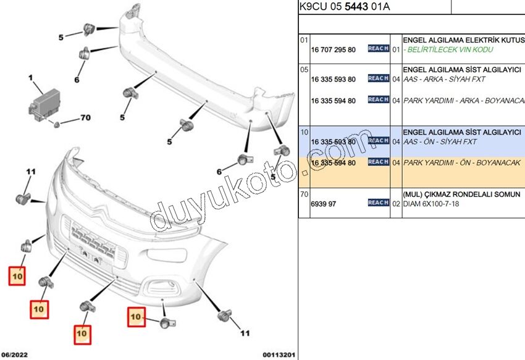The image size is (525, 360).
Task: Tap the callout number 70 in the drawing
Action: point(85,117)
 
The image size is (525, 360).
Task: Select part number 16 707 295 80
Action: point(333,49)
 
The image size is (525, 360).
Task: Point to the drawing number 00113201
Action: point(278,354)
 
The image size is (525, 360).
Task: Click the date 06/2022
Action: point(15,354)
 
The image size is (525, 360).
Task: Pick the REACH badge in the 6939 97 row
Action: point(378,203)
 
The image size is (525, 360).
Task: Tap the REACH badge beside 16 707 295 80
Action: point(378,48)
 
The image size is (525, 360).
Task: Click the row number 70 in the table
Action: point(304,194)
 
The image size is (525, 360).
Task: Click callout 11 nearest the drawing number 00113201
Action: point(245,333)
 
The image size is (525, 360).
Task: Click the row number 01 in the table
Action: point(304,40)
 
